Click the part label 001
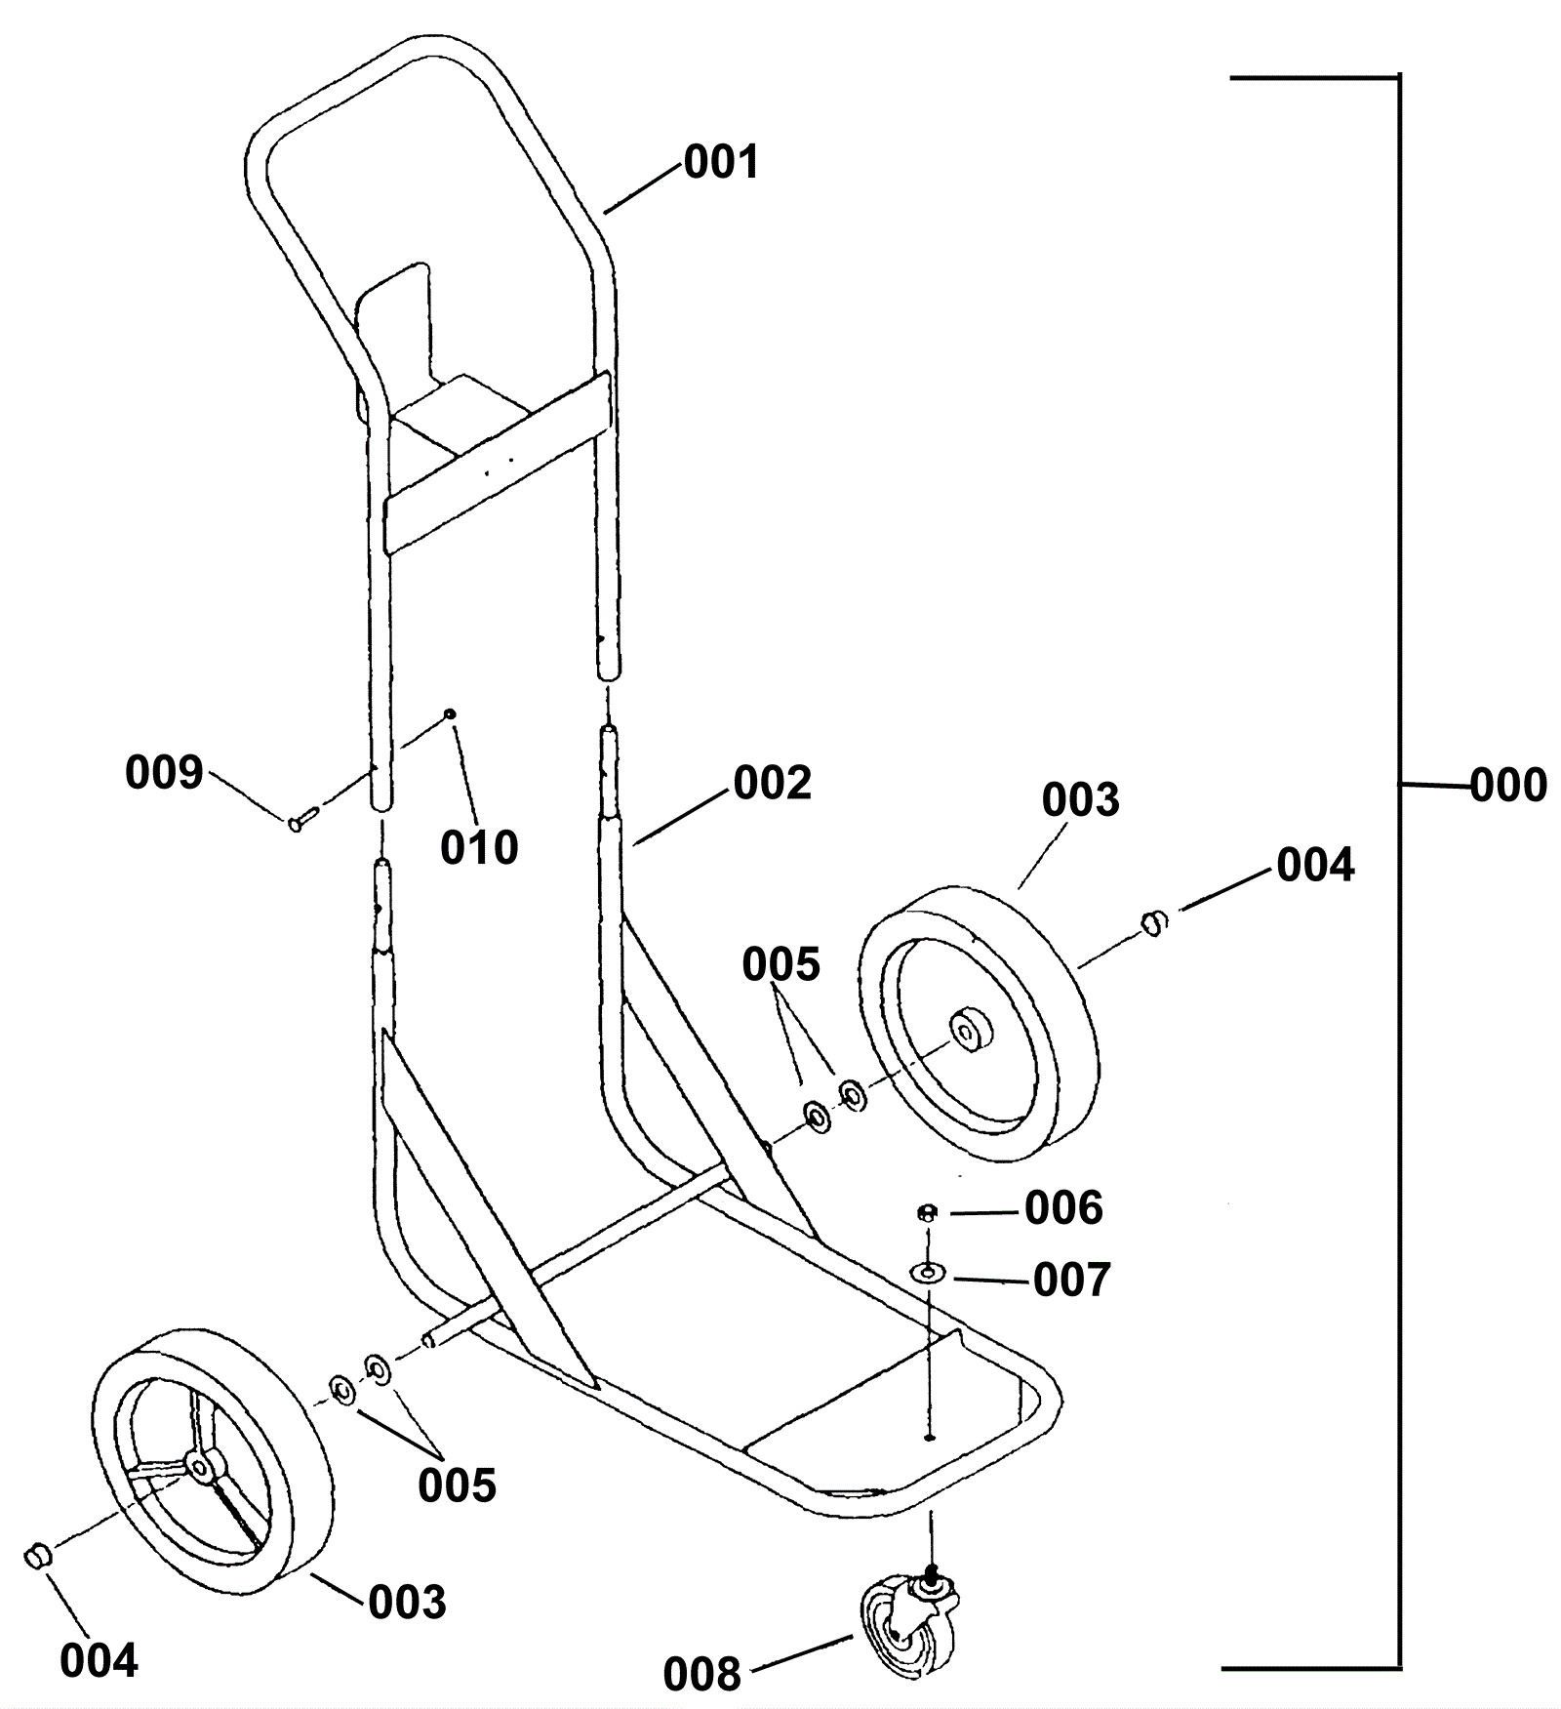coord(721,162)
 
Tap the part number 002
coord(772,784)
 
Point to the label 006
coord(1063,1208)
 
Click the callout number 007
coord(1071,1280)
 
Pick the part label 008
coord(701,1674)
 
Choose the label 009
coord(164,772)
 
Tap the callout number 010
coord(479,847)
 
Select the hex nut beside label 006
coord(927,1213)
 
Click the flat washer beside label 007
coord(927,1273)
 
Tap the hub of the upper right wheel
coord(972,1033)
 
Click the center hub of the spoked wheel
coord(201,1467)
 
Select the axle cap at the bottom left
coord(36,1553)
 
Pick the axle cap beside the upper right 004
coord(1154,921)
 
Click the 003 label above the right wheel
coord(1080,800)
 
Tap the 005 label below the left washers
coord(457,1485)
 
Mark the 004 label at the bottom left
coord(99,1660)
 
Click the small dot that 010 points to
coord(450,713)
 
